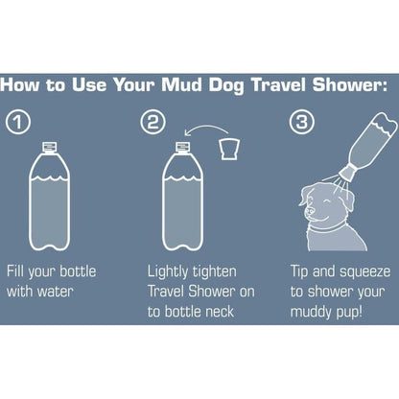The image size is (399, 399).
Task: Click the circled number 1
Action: point(18,122)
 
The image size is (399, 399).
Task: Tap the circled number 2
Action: point(153,122)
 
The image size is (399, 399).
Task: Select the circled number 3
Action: point(302,122)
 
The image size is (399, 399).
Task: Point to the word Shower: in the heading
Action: point(350,84)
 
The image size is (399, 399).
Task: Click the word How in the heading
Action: point(21,84)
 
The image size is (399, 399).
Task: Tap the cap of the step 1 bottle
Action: point(50,147)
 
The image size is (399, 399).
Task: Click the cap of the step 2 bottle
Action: point(183,147)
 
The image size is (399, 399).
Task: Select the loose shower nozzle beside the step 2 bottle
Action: point(229,149)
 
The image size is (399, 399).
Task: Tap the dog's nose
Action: point(309,211)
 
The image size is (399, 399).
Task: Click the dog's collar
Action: point(327,228)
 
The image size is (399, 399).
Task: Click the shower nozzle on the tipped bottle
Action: point(347,172)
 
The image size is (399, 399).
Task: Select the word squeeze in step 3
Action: point(364,272)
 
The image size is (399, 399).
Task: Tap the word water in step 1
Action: point(56,292)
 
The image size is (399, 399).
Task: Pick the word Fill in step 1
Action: point(15,271)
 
